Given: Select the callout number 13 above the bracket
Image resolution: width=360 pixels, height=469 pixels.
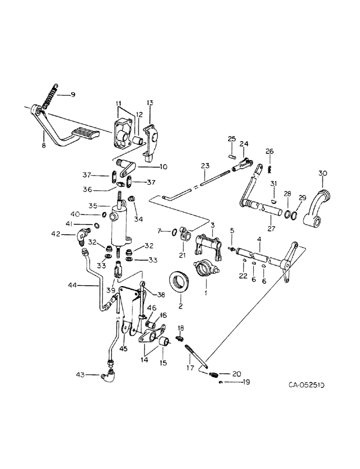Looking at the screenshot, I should click(x=150, y=103).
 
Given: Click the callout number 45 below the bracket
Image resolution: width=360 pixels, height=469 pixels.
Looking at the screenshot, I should click(x=123, y=348).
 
